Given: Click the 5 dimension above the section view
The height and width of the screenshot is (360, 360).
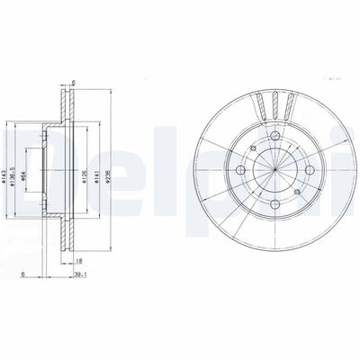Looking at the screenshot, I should click(73, 84).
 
